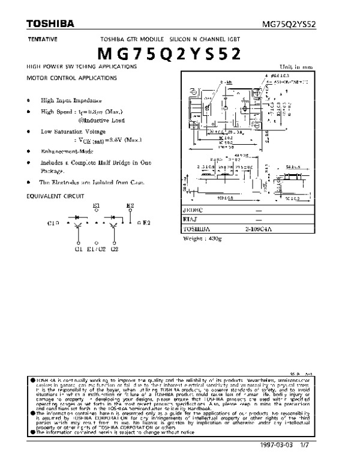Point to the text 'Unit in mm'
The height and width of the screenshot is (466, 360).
pos(296,67)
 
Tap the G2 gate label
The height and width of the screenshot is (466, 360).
pos(115,247)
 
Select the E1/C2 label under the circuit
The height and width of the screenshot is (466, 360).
pos(96,247)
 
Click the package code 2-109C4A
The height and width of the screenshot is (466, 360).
pos(259,229)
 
